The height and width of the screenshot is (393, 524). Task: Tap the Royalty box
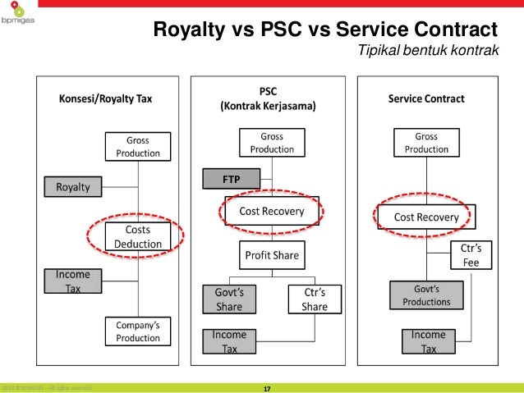click(72, 187)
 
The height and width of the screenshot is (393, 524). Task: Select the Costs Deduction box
click(137, 237)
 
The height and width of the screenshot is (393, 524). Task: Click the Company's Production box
click(137, 332)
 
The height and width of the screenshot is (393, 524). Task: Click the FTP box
click(231, 177)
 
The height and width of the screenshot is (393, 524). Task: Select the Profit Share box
click(271, 256)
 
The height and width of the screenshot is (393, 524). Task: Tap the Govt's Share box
click(231, 299)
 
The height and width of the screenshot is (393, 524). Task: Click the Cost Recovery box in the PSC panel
click(271, 212)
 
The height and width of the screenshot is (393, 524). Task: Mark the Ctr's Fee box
click(471, 256)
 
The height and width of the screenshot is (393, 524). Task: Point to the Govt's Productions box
click(426, 295)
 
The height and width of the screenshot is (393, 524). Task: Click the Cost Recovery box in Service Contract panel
click(426, 217)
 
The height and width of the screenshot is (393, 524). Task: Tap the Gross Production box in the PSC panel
click(271, 143)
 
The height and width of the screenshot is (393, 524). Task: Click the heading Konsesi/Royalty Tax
click(105, 99)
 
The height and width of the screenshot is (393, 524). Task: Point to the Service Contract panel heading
click(426, 99)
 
